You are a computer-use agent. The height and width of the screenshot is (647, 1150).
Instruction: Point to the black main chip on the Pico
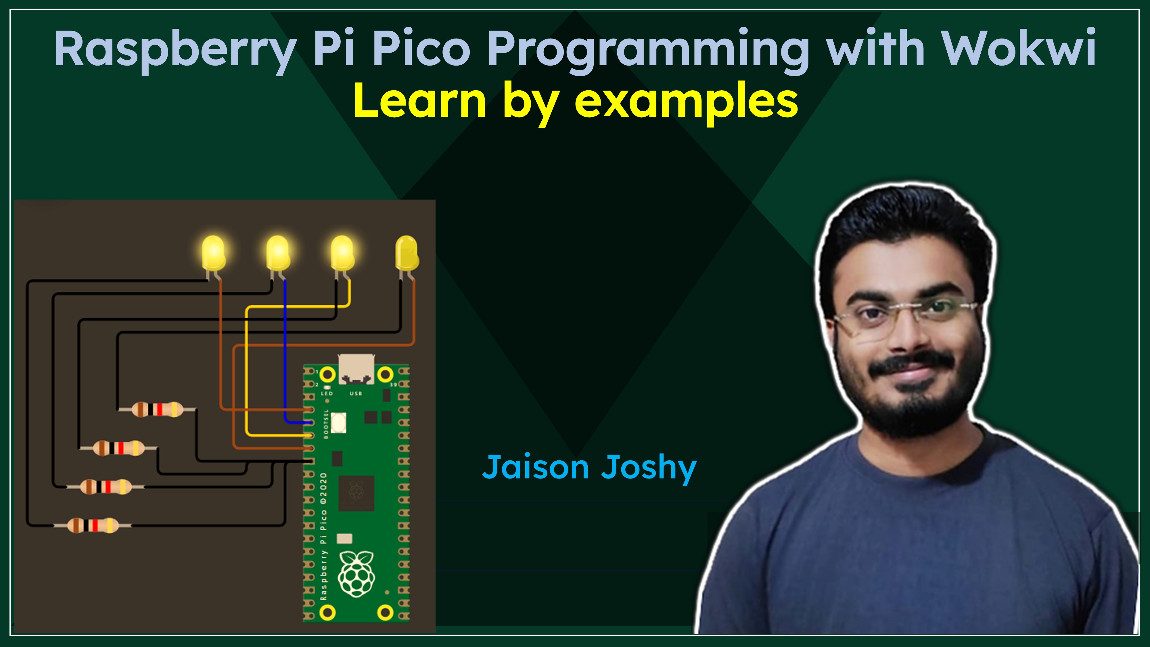(x=356, y=493)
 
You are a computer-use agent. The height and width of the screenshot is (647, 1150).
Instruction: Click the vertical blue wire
(x=285, y=351)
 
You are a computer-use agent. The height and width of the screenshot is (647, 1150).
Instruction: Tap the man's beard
(x=911, y=402)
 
